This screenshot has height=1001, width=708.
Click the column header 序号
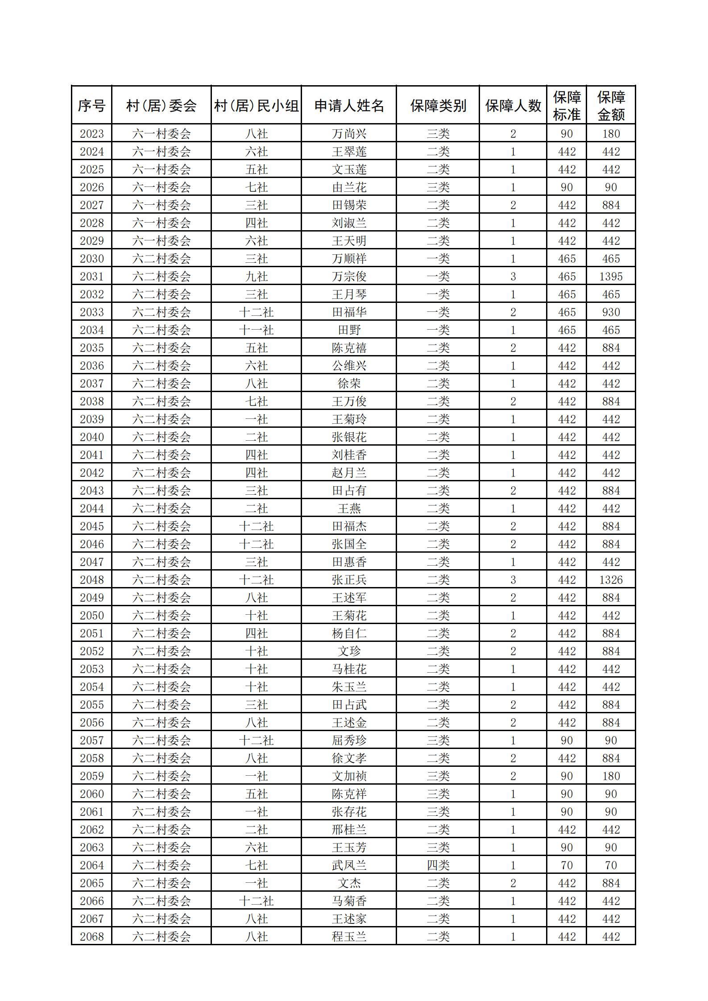coord(91,106)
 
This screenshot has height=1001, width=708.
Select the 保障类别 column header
coord(438,106)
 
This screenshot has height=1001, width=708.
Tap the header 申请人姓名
coord(349,106)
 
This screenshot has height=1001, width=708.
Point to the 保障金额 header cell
coord(611,106)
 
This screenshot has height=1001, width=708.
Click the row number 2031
coord(91,277)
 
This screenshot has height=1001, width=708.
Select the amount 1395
coord(611,277)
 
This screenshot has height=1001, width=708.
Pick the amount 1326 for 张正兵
coord(611,580)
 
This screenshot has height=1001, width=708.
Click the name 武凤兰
coord(349,865)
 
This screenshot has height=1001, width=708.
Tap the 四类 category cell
coord(438,865)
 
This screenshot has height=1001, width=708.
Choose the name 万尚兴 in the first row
coord(349,134)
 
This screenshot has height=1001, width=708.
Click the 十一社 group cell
coord(256,330)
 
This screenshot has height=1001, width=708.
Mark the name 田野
coord(349,330)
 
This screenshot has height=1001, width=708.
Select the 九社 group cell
coord(256,277)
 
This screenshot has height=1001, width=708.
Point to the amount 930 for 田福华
coord(611,312)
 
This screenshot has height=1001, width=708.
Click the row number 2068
coord(91,937)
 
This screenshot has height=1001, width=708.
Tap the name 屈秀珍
coord(349,740)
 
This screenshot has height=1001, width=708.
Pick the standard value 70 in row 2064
coord(567,865)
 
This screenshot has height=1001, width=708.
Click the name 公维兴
coord(349,366)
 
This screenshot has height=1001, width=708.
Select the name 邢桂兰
coord(349,830)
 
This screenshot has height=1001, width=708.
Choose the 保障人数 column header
coord(513,106)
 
